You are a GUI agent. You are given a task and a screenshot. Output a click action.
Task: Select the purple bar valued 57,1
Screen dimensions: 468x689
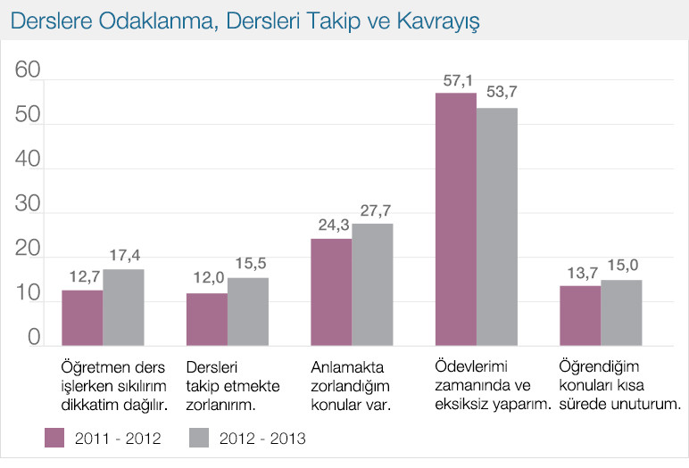[x=455, y=218]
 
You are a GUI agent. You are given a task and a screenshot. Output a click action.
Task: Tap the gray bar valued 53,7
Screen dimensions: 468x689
[x=496, y=226]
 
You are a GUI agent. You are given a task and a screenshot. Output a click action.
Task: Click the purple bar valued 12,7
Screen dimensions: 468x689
[x=82, y=317]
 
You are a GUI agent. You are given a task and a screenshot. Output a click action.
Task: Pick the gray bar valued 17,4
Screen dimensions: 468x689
[x=123, y=307]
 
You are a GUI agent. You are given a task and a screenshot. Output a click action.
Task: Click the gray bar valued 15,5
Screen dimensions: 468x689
[x=248, y=311]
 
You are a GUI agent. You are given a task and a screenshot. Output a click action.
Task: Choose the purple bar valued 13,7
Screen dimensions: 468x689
[x=580, y=316]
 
